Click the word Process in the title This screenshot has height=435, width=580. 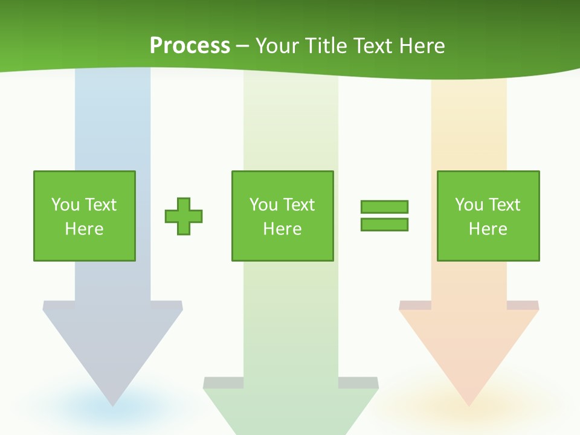(190, 46)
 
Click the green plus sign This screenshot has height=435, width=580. (184, 216)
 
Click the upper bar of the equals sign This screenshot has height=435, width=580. (384, 207)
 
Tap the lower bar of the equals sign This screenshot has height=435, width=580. (384, 224)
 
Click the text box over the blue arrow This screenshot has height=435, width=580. (85, 216)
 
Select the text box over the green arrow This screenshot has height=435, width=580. (283, 216)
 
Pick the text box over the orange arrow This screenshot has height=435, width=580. (488, 216)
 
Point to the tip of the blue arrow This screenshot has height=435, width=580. (113, 404)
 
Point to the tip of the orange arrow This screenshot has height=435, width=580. (469, 404)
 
